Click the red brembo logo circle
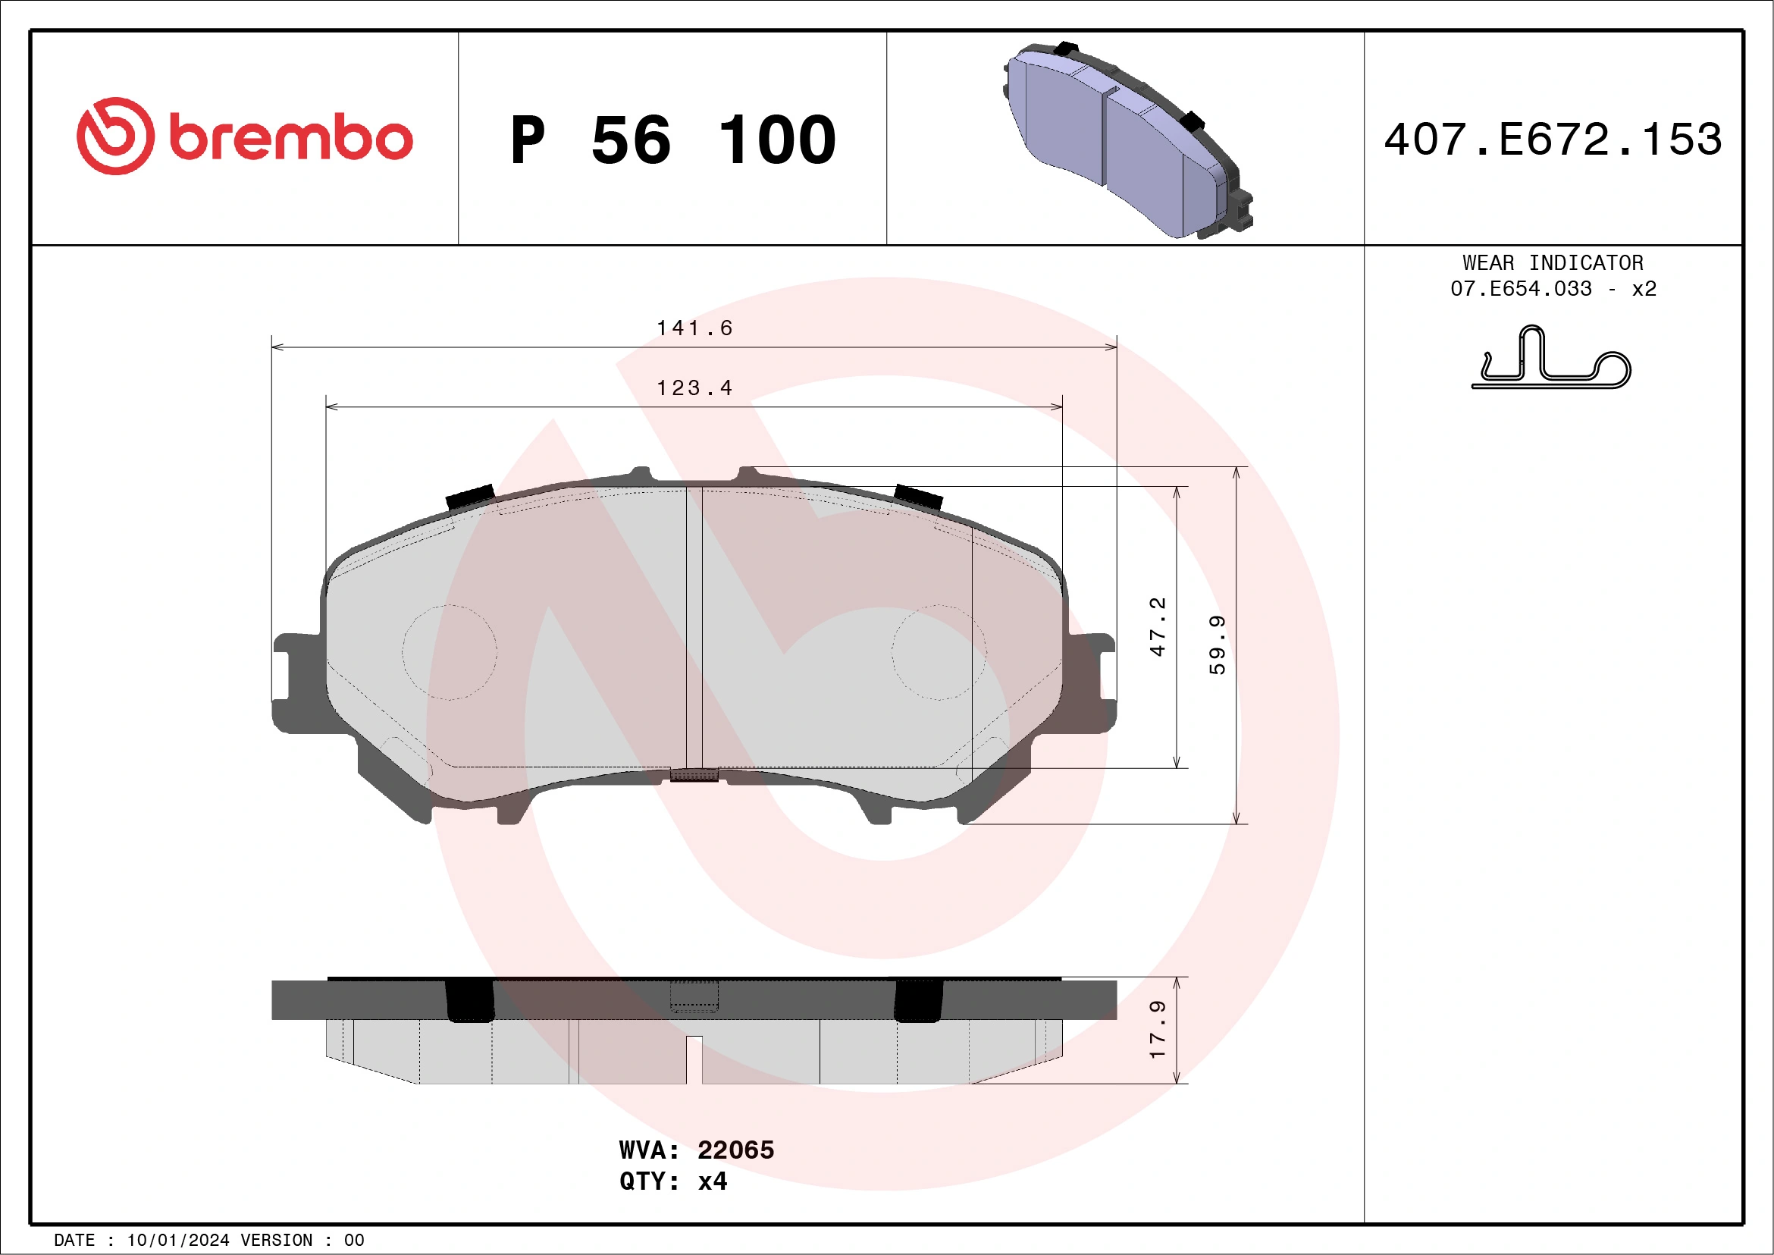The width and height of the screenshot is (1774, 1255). click(x=115, y=136)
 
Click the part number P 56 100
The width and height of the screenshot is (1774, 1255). click(x=673, y=140)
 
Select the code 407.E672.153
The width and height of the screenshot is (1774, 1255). click(x=1553, y=140)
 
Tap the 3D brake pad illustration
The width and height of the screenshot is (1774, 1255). click(x=1127, y=139)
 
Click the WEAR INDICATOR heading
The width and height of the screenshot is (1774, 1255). click(x=1553, y=262)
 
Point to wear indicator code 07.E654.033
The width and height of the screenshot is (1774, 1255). click(x=1521, y=289)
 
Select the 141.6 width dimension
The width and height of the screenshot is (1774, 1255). click(x=694, y=328)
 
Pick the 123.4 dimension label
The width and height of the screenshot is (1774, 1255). click(x=694, y=388)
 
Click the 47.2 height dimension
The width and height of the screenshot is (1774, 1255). click(x=1157, y=626)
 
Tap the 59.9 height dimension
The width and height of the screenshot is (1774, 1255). click(x=1217, y=645)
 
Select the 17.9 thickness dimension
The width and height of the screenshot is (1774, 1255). click(x=1157, y=1030)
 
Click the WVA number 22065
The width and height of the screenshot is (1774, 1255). click(x=735, y=1150)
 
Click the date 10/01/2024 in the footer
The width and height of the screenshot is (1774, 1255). click(x=177, y=1241)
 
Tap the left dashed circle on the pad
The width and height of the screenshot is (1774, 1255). click(x=449, y=652)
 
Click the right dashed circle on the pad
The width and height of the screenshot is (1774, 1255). click(x=939, y=652)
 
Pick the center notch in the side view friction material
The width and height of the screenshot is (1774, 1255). click(x=694, y=1059)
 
